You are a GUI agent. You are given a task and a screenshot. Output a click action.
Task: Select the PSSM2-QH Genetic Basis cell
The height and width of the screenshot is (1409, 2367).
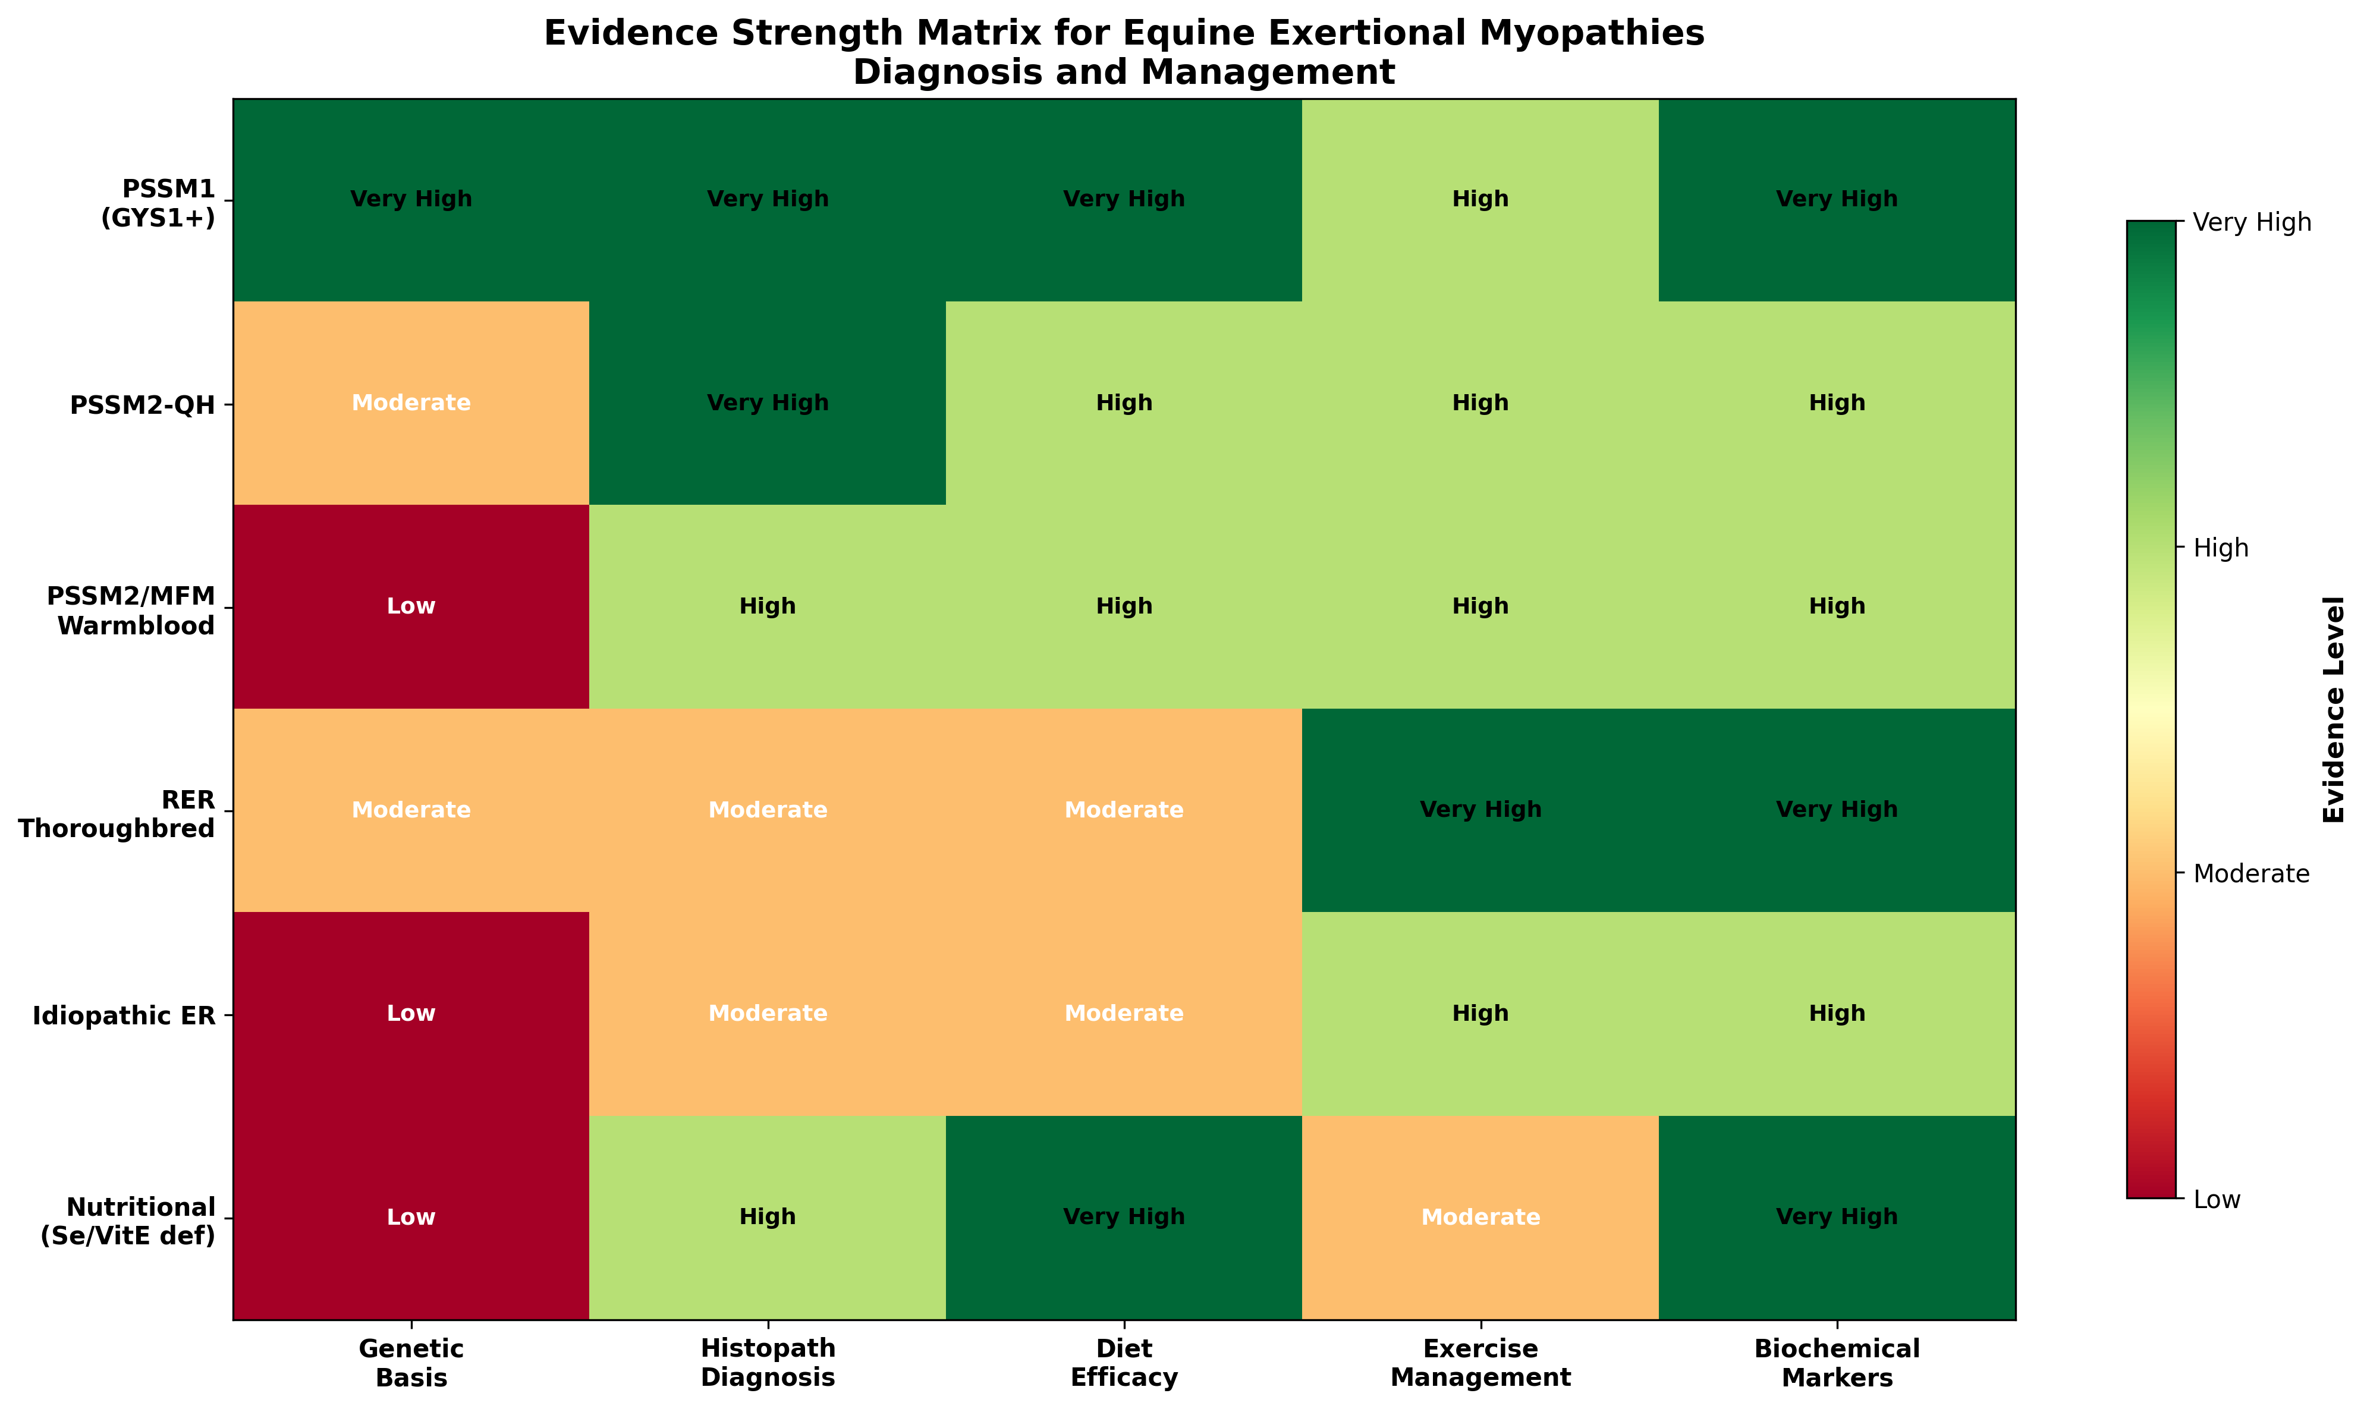click(x=411, y=402)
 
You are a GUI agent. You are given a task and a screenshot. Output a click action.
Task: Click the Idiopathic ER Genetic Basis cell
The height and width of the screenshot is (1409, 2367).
click(x=411, y=1013)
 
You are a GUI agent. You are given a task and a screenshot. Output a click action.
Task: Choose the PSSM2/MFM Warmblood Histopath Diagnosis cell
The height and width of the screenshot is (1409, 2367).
click(x=767, y=606)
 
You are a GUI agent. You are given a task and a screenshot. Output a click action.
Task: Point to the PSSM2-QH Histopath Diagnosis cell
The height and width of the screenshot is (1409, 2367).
click(x=767, y=402)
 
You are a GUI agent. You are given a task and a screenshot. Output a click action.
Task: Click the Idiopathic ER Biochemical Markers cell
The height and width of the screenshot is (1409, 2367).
click(x=1836, y=1013)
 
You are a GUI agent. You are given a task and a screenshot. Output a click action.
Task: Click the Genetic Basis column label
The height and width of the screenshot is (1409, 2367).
click(x=411, y=1363)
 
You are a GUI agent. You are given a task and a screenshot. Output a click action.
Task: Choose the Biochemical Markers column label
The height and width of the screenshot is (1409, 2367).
click(x=1836, y=1363)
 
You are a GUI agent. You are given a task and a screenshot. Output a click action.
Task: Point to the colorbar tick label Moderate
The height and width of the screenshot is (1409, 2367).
click(x=2251, y=873)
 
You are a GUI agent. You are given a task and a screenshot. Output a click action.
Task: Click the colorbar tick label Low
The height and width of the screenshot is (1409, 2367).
click(x=2217, y=1199)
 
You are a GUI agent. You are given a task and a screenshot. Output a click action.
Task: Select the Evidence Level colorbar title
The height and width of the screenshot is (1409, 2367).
click(x=2334, y=709)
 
